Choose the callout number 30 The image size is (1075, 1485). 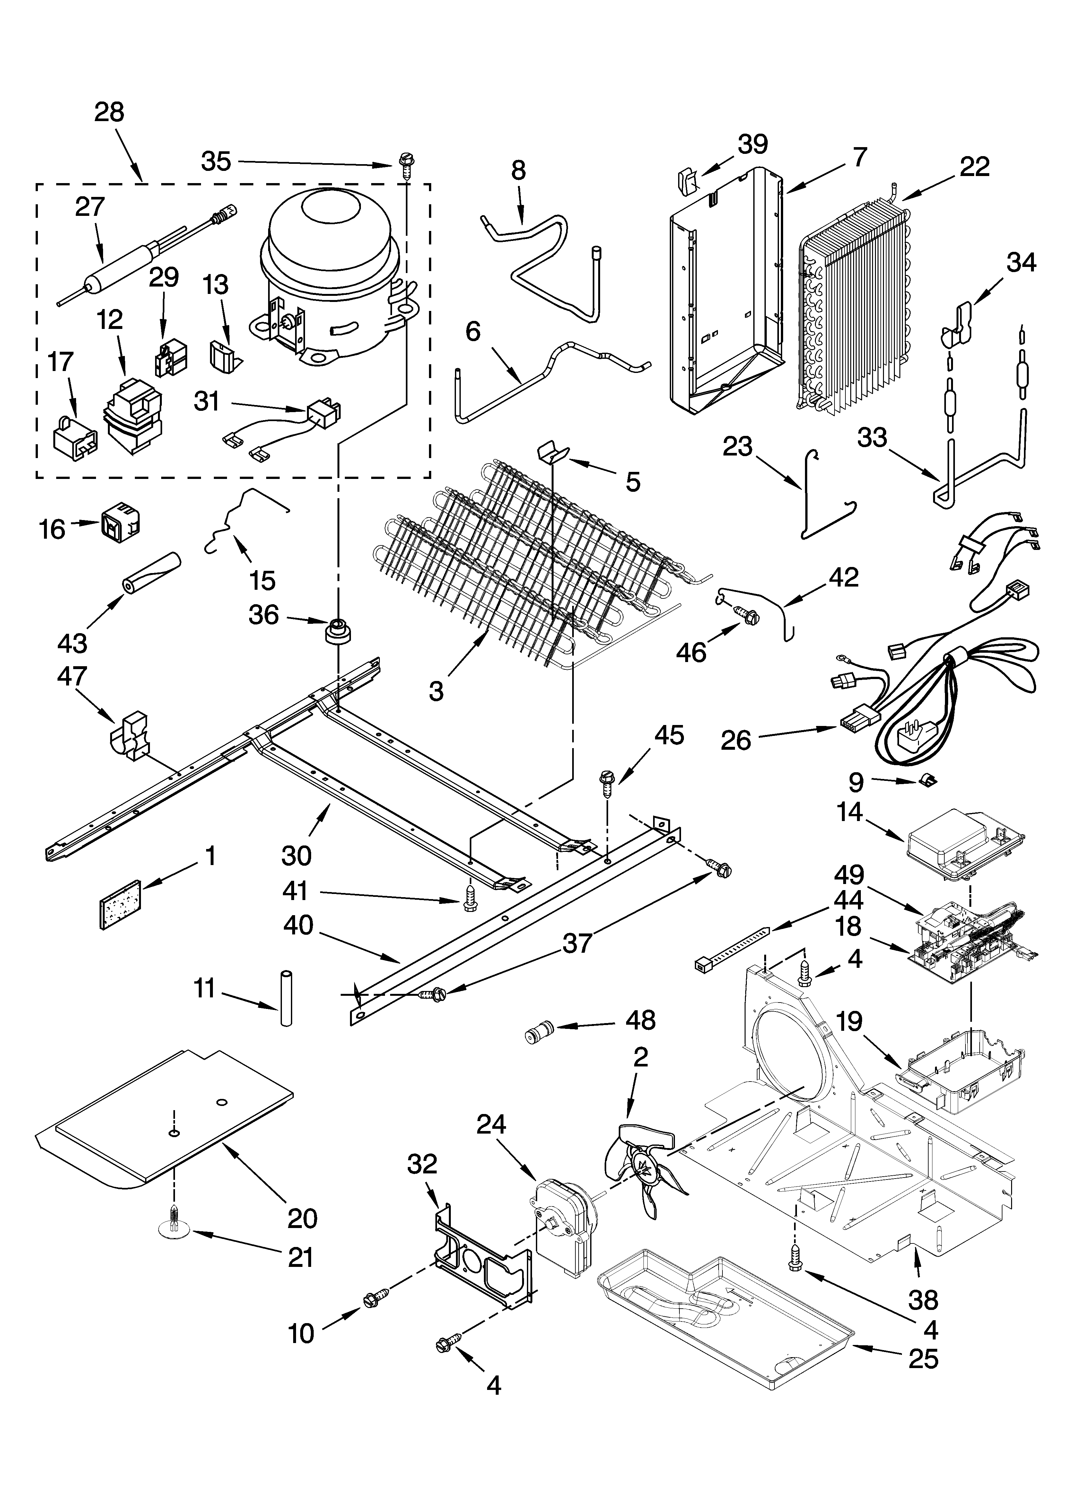point(297,855)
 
